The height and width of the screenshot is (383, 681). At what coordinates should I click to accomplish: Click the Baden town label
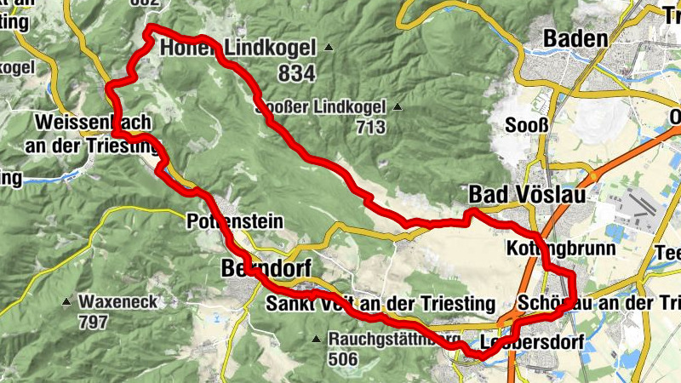coord(575,38)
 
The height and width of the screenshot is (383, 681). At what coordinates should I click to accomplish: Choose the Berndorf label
coord(255,268)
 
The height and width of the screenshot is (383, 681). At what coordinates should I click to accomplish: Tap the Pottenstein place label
coord(234,222)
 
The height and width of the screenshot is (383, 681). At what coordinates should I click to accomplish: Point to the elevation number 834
coord(296,74)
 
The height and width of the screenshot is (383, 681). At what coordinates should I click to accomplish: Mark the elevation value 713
coord(371,128)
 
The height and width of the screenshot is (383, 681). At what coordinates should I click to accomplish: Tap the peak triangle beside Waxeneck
coord(67,302)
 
